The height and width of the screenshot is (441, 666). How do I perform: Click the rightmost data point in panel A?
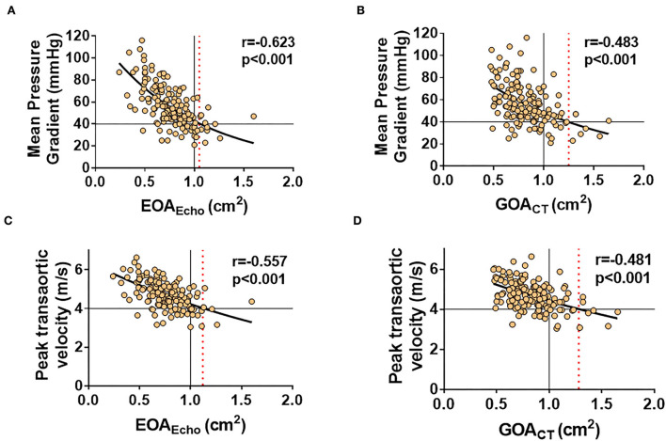253,117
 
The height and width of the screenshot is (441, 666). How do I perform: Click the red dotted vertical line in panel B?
595,103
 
